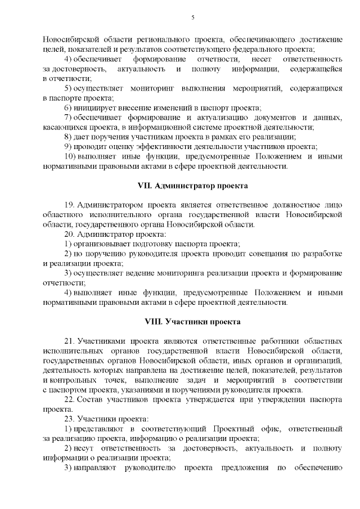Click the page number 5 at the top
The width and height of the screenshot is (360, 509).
192,18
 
